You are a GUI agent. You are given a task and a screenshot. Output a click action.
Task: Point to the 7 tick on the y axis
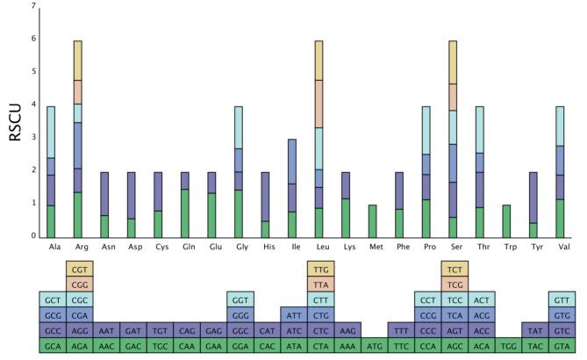point(33,7)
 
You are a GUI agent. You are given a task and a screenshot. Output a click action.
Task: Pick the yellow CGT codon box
point(80,270)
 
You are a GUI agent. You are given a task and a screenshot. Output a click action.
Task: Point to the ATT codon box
point(294,315)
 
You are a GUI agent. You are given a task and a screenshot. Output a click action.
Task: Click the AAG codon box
point(347,331)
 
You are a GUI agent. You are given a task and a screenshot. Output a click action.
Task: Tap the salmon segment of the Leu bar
point(319,104)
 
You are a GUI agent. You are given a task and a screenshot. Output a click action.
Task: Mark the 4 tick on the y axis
point(33,105)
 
